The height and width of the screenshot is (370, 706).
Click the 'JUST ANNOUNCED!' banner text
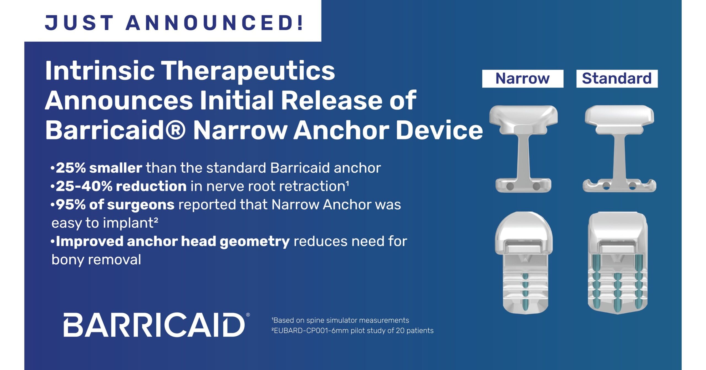point(174,23)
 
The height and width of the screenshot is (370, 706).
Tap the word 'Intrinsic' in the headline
point(100,71)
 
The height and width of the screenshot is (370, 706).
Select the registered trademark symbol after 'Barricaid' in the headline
point(175,130)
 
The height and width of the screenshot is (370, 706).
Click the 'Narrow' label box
point(523,79)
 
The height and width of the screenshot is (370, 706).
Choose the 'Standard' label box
point(617,79)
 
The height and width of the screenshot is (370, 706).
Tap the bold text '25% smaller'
point(99,168)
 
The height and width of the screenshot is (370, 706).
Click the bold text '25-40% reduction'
point(121,186)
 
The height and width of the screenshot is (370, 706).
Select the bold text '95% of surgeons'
point(115,205)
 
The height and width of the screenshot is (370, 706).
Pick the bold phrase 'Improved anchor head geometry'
point(173,242)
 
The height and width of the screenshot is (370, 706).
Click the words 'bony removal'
point(96,260)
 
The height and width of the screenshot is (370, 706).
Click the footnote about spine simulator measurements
point(340,320)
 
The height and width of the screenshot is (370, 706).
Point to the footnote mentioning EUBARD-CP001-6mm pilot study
point(352,331)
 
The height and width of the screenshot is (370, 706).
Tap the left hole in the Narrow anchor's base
point(510,186)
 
